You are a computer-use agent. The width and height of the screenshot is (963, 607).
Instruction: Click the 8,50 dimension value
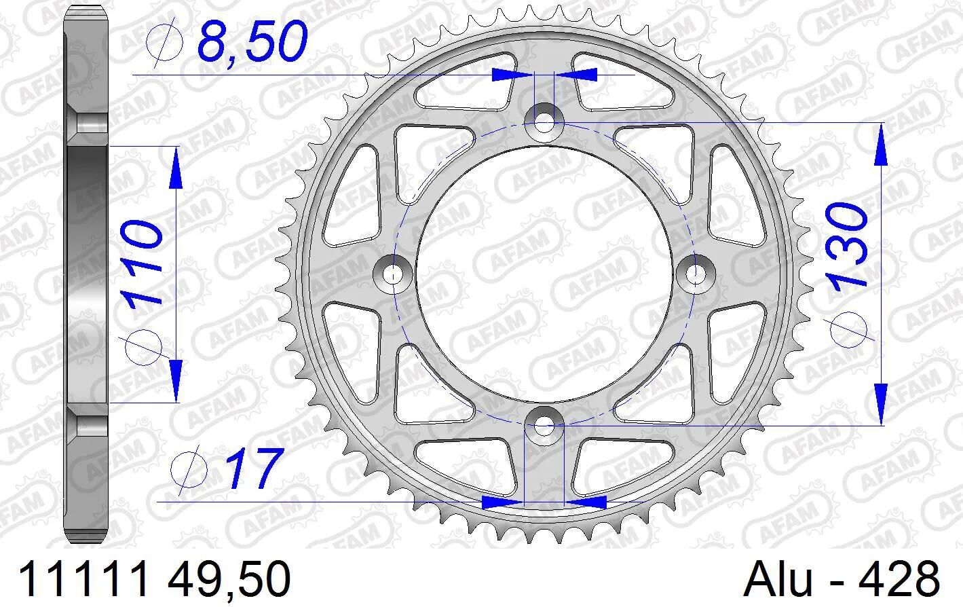(252, 41)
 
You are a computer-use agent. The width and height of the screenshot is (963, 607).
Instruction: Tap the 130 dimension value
(846, 245)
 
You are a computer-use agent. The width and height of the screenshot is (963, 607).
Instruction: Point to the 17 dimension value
(255, 468)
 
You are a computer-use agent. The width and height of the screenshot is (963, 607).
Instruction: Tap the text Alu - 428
(842, 579)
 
